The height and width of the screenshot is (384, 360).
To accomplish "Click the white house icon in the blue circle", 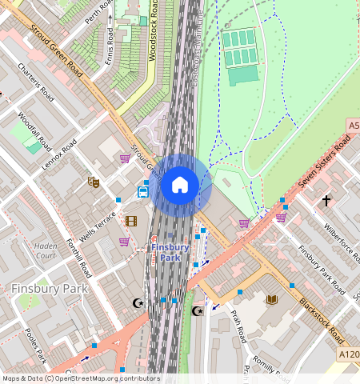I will tap(180, 185).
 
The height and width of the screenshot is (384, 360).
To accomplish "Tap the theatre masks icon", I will tap(94, 182).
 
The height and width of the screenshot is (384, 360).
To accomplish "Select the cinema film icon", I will tap(131, 221).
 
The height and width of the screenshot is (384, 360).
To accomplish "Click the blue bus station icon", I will tap(142, 192).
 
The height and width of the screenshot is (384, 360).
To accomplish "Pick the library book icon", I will tap(272, 299).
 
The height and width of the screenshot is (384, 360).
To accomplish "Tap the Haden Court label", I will tap(46, 251).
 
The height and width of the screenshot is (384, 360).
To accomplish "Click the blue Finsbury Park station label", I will tap(170, 252).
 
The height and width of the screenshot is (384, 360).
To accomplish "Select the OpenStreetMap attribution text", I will tap(81, 378).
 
